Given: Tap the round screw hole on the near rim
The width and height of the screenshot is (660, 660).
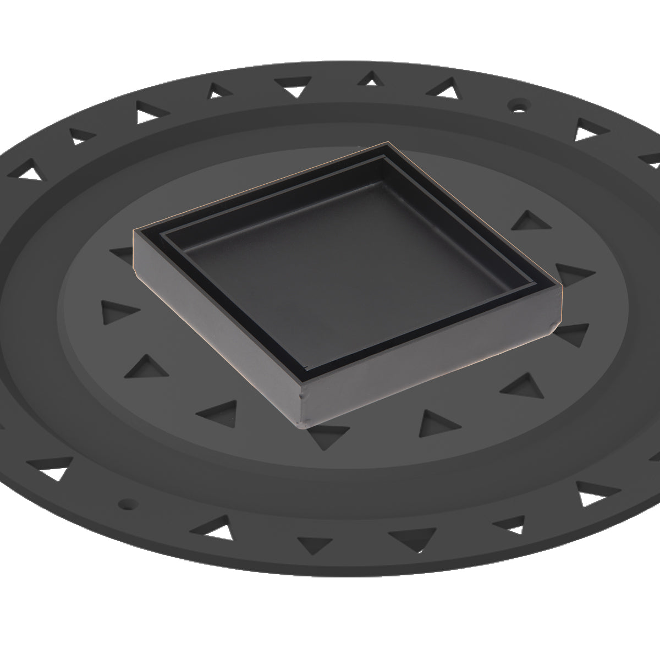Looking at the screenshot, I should pyautogui.click(x=128, y=503).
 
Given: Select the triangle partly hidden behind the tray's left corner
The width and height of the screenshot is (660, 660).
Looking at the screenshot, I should pyautogui.click(x=122, y=254).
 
